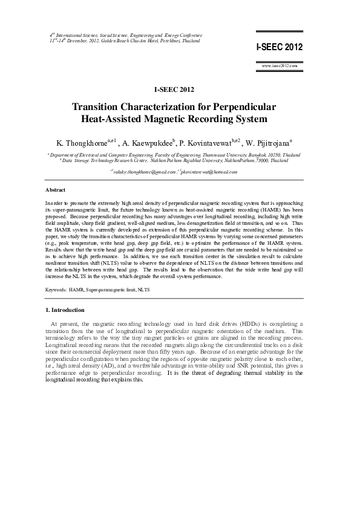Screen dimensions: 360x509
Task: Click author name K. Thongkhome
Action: [81, 144]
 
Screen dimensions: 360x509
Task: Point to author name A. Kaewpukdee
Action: [147, 144]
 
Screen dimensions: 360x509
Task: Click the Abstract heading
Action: [55, 189]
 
